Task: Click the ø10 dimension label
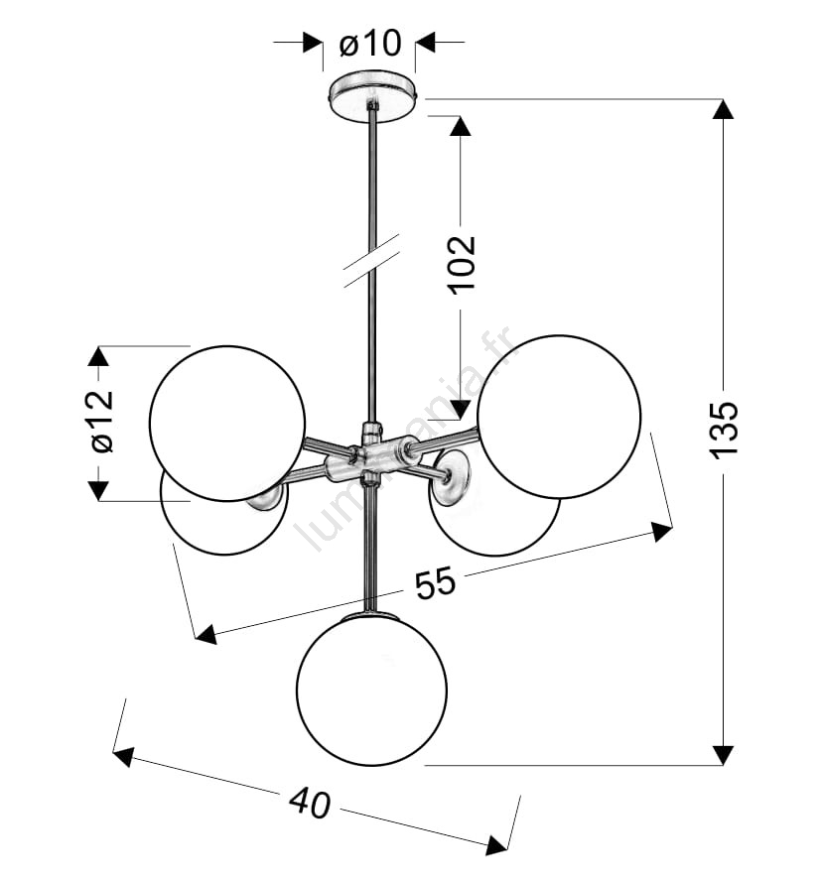(371, 44)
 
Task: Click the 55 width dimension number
(436, 583)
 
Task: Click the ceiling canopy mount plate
(372, 94)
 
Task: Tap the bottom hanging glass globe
(371, 691)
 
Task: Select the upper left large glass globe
(227, 424)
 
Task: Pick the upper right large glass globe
(559, 417)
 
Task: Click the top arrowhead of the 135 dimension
(723, 109)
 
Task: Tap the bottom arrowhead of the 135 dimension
(723, 755)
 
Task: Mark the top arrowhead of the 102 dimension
(460, 126)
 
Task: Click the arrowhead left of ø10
(313, 42)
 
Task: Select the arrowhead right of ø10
(425, 42)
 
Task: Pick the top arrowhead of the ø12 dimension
(98, 356)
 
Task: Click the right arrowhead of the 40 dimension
(497, 843)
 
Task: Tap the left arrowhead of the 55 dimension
(205, 634)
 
